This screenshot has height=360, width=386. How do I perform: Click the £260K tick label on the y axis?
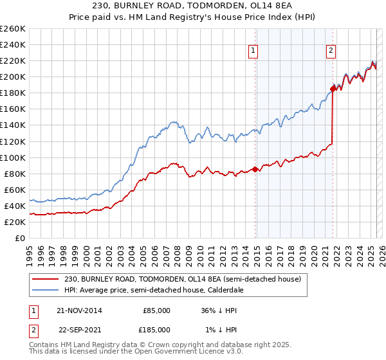(13, 29)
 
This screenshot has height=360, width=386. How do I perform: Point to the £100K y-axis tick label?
(13, 157)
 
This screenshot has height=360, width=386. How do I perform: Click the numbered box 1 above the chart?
(253, 51)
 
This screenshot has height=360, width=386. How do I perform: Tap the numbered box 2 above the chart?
(331, 51)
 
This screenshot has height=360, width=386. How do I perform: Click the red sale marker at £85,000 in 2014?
(255, 169)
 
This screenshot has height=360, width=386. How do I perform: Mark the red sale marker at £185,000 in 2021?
(333, 89)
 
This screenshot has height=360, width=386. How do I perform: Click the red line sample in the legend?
(46, 280)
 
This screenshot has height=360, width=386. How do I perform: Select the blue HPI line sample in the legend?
(46, 290)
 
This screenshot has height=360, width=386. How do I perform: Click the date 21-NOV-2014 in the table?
(79, 310)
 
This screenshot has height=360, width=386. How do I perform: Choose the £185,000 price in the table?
(156, 329)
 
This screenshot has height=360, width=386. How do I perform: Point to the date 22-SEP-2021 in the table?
(79, 329)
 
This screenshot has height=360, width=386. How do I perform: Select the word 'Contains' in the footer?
(44, 345)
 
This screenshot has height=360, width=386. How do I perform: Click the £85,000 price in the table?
(156, 310)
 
